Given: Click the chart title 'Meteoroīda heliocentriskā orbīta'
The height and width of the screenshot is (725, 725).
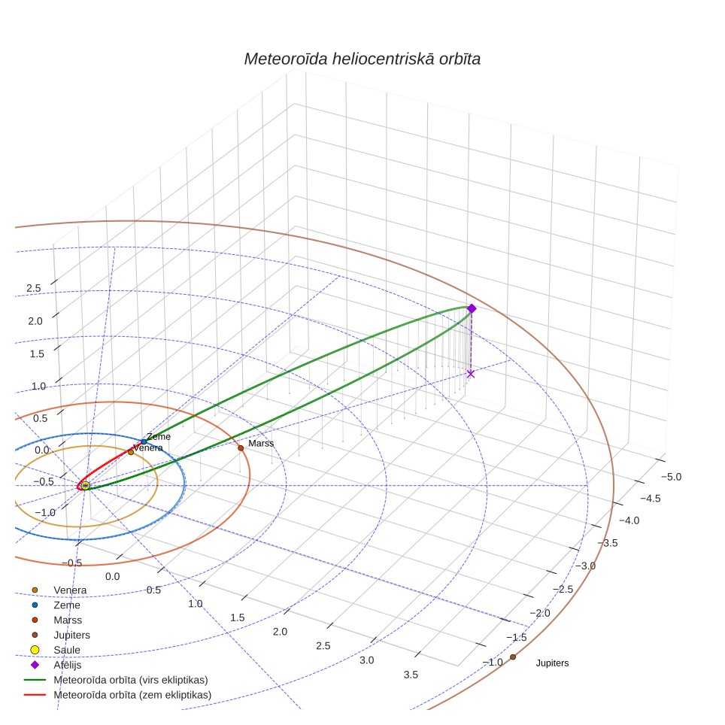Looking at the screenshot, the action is coord(362,59).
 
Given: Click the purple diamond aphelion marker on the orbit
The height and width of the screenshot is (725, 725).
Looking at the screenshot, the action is coord(472,308).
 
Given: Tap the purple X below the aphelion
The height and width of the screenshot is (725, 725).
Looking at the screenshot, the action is coord(471,374).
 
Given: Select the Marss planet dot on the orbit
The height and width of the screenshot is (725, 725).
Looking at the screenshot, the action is coord(241,448).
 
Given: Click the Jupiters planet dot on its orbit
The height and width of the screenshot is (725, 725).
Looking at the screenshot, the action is coord(513,657).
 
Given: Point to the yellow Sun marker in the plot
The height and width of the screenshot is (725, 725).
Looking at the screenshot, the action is coord(85,486).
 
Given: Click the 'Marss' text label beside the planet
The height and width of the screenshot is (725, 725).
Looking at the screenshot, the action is coord(261,444).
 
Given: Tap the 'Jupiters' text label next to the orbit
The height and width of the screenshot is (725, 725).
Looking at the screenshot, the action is coord(552,663).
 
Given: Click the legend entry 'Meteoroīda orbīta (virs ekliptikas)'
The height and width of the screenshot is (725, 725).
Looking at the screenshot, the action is coord(116,680).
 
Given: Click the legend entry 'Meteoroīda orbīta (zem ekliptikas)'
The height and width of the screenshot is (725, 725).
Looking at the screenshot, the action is coord(117,695).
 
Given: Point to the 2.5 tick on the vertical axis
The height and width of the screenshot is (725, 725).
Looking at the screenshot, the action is coord(34,289).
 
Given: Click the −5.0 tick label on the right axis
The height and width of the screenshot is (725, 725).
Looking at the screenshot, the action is coord(672,477).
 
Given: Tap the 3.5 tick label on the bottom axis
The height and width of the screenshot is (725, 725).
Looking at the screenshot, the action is coord(411,675).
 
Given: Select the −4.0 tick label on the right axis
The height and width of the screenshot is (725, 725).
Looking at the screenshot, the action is coord(629,520).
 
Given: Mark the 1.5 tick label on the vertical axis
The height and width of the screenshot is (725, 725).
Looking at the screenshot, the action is coord(37,354).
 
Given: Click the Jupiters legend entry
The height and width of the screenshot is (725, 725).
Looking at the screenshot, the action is coord(60,635).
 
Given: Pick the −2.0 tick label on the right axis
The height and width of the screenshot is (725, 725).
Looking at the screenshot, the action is coord(540,613).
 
